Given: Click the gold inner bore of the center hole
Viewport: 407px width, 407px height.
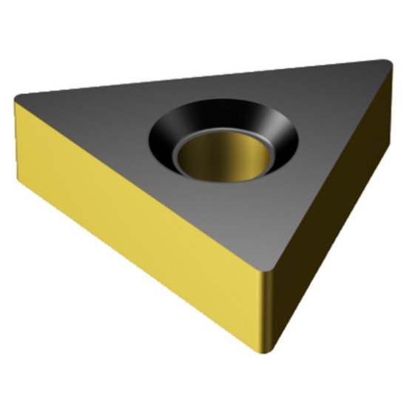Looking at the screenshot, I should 222,159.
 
